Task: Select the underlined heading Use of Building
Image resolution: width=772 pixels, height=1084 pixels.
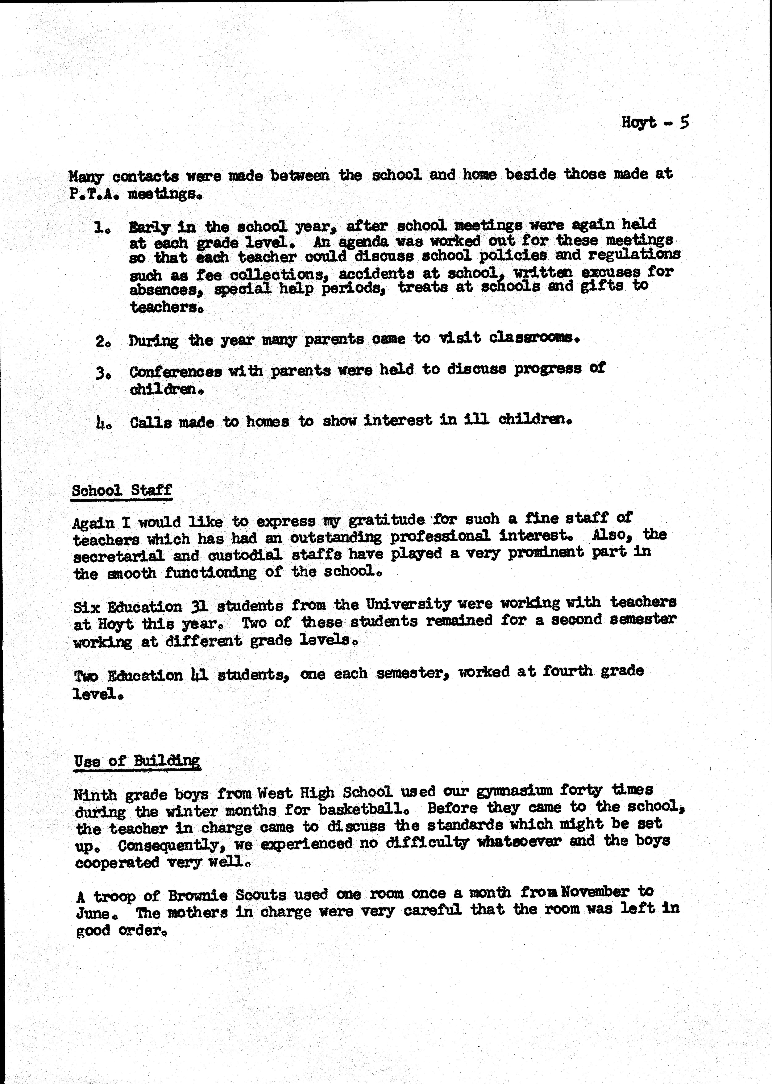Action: click(137, 761)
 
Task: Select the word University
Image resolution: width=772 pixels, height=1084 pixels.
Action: click(408, 605)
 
